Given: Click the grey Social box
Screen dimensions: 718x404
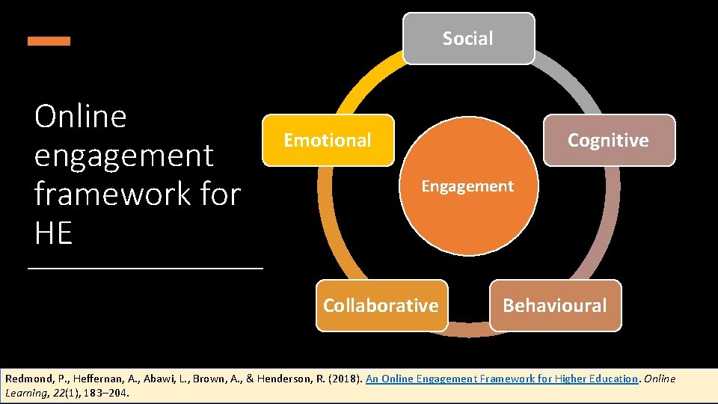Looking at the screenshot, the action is coord(468,38).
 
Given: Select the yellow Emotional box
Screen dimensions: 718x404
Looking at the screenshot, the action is coord(328,140).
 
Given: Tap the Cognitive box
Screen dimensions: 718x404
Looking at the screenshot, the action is coord(608,140).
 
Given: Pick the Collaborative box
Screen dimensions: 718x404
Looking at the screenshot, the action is coord(381,305).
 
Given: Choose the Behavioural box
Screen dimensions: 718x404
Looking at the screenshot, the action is coord(555,305).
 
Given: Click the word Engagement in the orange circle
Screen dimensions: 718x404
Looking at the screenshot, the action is coord(467,186).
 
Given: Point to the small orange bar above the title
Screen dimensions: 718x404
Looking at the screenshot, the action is coord(49,41).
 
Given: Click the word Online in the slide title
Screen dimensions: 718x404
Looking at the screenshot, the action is coord(81,117).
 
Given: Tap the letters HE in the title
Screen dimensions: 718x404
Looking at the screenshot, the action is coord(53,234).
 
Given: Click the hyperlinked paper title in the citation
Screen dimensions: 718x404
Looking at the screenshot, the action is coord(501,379).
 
